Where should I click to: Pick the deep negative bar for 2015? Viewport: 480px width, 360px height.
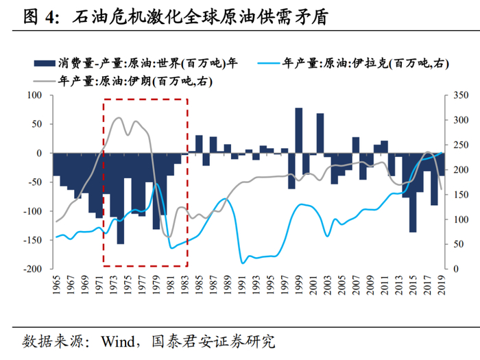pos(413,192)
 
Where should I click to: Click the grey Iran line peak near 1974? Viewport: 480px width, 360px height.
pos(118,118)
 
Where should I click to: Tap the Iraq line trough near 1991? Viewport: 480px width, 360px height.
pos(242,262)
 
